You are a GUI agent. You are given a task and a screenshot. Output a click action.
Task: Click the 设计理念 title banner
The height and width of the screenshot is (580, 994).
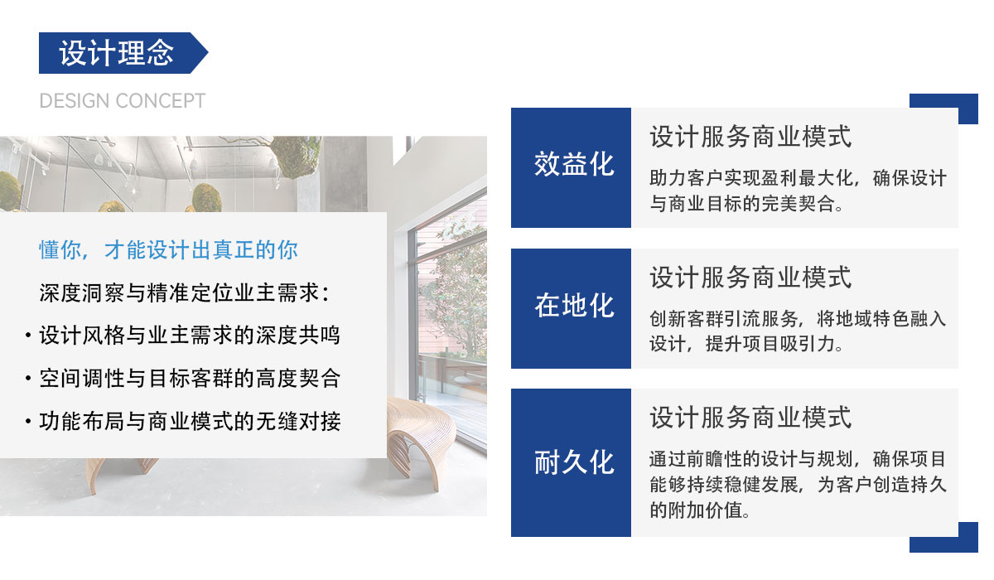(116, 53)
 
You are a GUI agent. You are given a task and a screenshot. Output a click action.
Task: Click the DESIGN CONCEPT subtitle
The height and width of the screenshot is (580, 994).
(122, 101)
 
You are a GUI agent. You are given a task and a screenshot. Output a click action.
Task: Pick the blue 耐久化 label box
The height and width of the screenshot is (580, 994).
(571, 462)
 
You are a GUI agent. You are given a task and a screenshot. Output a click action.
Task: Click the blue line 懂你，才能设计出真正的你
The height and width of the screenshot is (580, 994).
(168, 249)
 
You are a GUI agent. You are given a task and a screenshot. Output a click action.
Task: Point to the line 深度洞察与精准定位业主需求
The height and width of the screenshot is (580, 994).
(184, 292)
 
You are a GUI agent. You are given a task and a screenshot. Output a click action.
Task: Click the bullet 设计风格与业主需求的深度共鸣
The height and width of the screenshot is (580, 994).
(189, 336)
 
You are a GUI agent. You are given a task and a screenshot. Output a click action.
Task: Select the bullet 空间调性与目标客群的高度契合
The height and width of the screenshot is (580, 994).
(189, 379)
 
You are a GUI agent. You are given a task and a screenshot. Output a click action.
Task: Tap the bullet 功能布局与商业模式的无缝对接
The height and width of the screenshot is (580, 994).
(189, 421)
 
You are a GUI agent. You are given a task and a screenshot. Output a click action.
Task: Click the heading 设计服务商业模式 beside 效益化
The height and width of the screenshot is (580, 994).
(750, 137)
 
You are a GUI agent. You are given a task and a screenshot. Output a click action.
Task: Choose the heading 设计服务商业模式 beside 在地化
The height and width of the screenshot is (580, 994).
(750, 278)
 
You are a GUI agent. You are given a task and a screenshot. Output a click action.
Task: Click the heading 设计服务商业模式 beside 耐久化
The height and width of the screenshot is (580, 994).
(750, 418)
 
